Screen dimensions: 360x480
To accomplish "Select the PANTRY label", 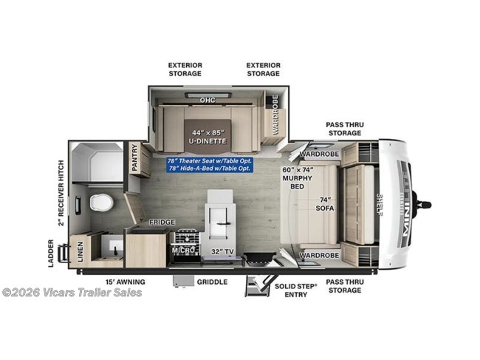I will point(135,159).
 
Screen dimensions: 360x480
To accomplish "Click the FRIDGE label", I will point(161,221).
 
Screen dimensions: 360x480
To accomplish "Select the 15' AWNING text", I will point(124,282).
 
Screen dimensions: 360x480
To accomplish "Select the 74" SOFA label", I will point(325,203).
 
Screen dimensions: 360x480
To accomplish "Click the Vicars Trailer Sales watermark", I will point(72,292).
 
